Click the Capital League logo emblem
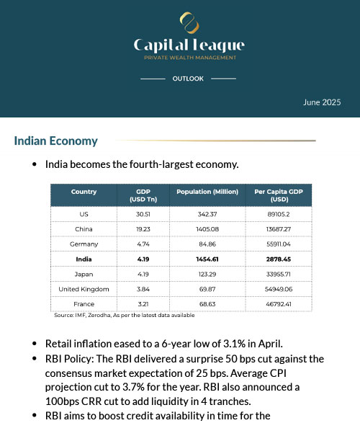(189, 23)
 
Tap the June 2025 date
(321, 102)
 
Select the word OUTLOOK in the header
(188, 78)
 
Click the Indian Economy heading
(55, 141)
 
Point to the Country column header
(84, 192)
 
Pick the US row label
(84, 214)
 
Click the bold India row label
(84, 259)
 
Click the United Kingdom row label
(84, 289)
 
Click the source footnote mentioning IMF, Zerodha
(124, 316)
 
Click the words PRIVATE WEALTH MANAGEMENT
(189, 58)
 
